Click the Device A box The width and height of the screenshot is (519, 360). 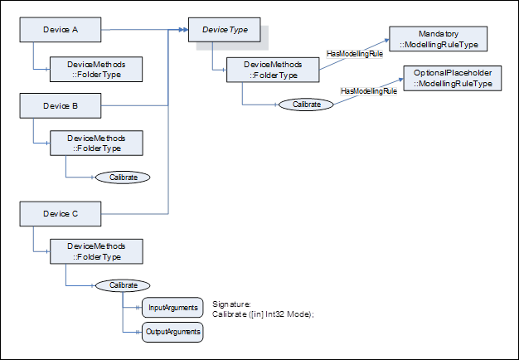(x=61, y=31)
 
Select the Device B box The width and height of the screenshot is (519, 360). (x=61, y=106)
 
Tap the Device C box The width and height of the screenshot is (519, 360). (x=61, y=214)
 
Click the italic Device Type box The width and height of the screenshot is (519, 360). (x=226, y=31)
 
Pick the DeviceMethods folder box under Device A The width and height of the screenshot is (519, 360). (x=96, y=68)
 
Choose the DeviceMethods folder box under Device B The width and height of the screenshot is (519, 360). (x=96, y=143)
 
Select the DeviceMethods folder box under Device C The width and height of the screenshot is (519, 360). (x=96, y=252)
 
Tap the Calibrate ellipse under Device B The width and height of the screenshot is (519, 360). (x=124, y=178)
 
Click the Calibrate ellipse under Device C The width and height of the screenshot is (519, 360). (x=124, y=285)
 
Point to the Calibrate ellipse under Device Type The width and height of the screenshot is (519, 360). (x=306, y=105)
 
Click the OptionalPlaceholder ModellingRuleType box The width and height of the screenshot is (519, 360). (x=453, y=79)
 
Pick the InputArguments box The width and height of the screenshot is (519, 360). (x=172, y=308)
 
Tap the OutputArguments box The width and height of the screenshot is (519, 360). (x=172, y=333)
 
